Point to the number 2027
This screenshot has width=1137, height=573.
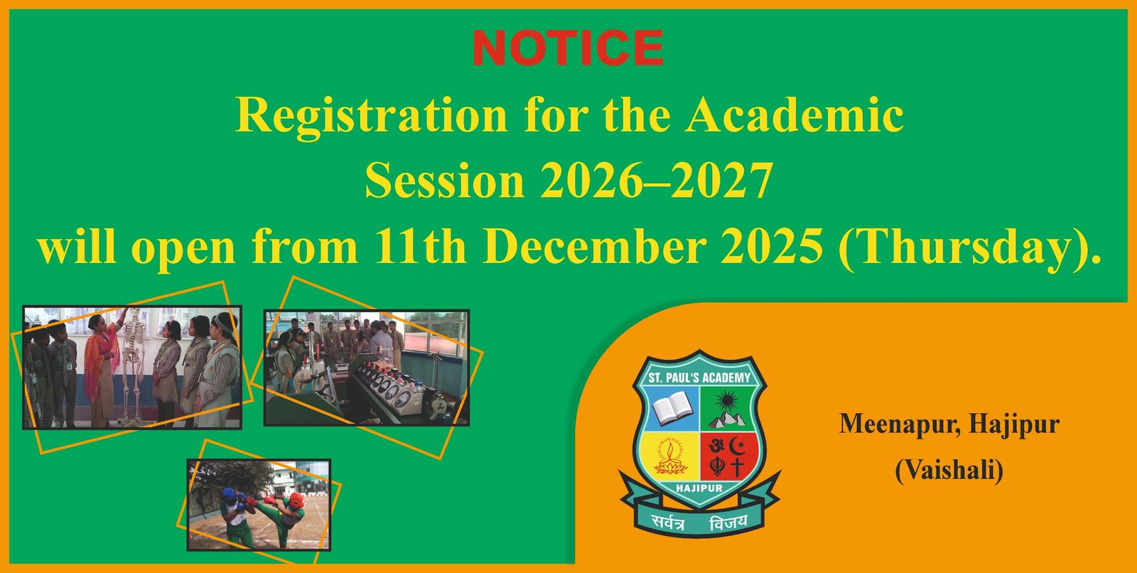click(722, 181)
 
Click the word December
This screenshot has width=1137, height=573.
click(595, 246)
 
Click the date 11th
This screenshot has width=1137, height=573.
click(421, 246)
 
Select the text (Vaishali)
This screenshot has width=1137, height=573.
click(949, 471)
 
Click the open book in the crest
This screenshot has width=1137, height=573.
click(672, 407)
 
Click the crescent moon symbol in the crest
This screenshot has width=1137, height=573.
click(738, 446)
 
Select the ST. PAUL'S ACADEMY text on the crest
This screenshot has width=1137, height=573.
click(699, 378)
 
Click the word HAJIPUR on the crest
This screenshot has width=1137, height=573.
click(699, 488)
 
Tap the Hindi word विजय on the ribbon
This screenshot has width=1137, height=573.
click(728, 523)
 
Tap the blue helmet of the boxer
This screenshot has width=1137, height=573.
click(229, 496)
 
